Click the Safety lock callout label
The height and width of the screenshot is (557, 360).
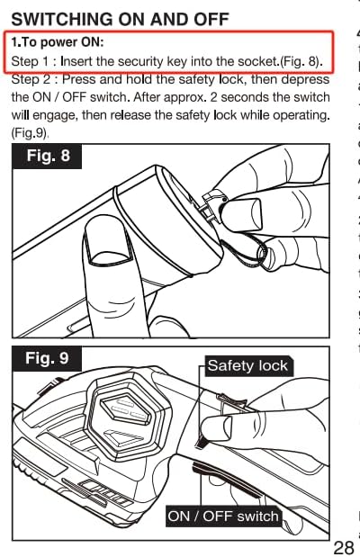[247, 365]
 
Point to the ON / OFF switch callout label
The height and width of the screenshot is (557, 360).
[223, 517]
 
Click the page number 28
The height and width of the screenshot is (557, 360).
[343, 548]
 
